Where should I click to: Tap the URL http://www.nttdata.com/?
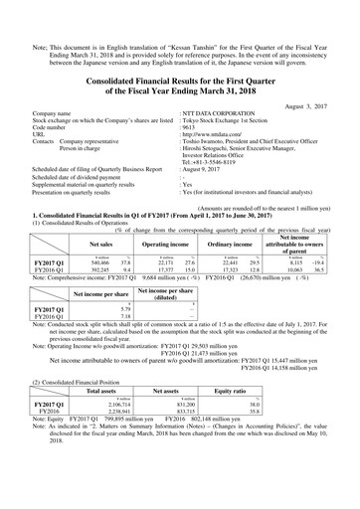[x=213, y=136]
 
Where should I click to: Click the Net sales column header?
[x=100, y=242]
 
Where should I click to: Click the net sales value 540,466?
[x=97, y=261]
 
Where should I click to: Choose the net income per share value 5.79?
[x=95, y=310]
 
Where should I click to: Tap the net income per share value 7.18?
[x=95, y=318]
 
